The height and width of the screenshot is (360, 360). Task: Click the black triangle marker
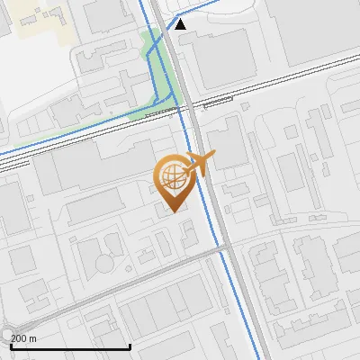coord(181,24)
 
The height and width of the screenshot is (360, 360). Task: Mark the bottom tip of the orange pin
coord(173,211)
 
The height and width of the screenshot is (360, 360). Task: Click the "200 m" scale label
coord(23,338)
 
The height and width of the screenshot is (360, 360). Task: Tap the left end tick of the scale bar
coord(11,345)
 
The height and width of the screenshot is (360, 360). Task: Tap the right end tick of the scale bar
coord(130,345)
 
